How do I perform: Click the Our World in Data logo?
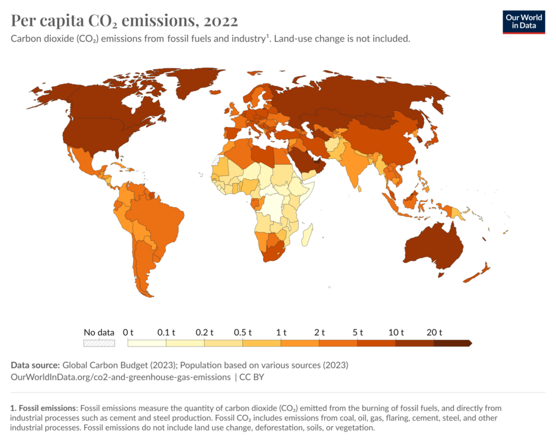(x=523, y=22)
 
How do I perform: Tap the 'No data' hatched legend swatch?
(x=99, y=343)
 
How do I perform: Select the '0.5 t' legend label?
(x=243, y=333)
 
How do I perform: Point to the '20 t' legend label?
(x=434, y=333)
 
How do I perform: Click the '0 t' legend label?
(x=128, y=333)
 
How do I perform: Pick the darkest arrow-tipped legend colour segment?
(x=453, y=343)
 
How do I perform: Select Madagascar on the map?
(x=307, y=235)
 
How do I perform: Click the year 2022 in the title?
(x=220, y=21)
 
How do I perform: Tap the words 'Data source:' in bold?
(x=35, y=365)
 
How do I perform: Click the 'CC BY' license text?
(x=252, y=377)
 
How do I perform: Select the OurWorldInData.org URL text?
(x=121, y=377)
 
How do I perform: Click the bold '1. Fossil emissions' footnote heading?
(x=43, y=408)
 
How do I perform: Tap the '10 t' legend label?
(x=396, y=333)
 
